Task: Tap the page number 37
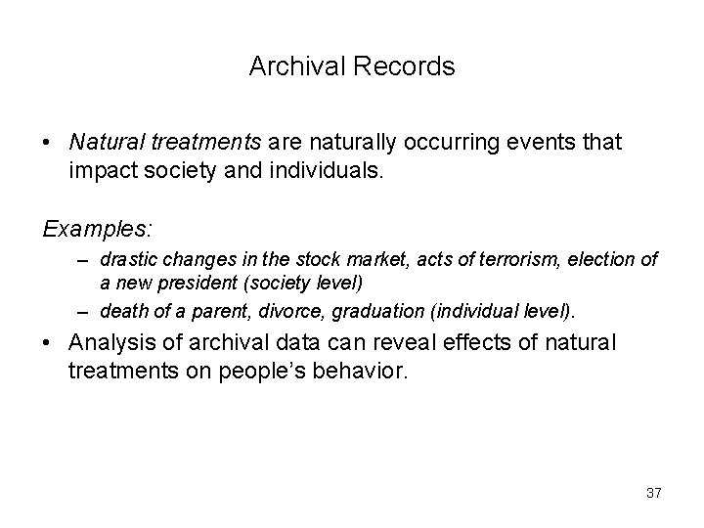653,493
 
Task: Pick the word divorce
285,312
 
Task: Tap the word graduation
372,312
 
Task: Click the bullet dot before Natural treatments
49,143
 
